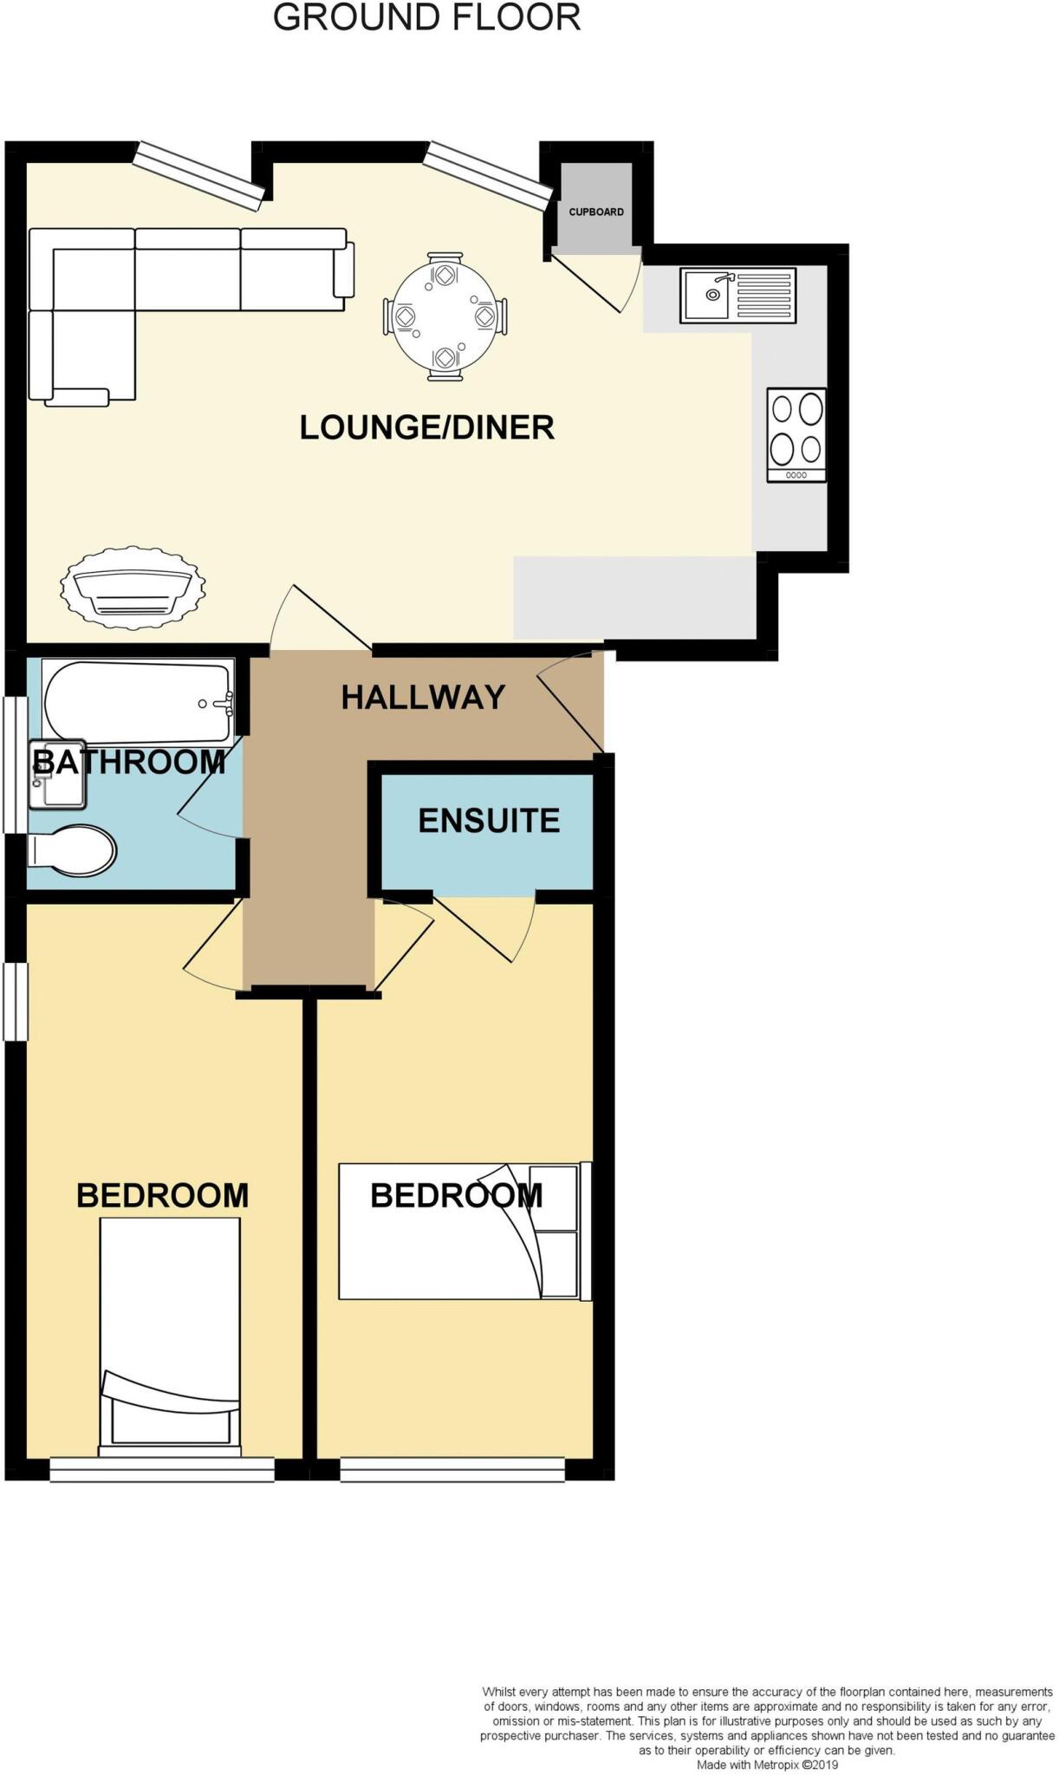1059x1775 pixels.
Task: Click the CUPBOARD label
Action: [x=595, y=211]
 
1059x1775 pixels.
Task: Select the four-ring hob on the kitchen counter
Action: [x=796, y=434]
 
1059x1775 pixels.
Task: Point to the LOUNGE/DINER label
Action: [x=426, y=427]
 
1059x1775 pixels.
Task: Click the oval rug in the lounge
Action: [x=133, y=583]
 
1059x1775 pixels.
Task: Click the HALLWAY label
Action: [x=423, y=697]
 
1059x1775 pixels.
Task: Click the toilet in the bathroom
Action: [x=74, y=849]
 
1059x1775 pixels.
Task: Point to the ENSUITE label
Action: [x=489, y=820]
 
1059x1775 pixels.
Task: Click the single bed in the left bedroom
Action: [x=170, y=1336]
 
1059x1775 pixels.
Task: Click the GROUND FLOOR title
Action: [x=426, y=17]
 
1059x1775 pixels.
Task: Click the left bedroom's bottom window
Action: [x=162, y=1469]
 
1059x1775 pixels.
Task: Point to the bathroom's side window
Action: [x=15, y=764]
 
